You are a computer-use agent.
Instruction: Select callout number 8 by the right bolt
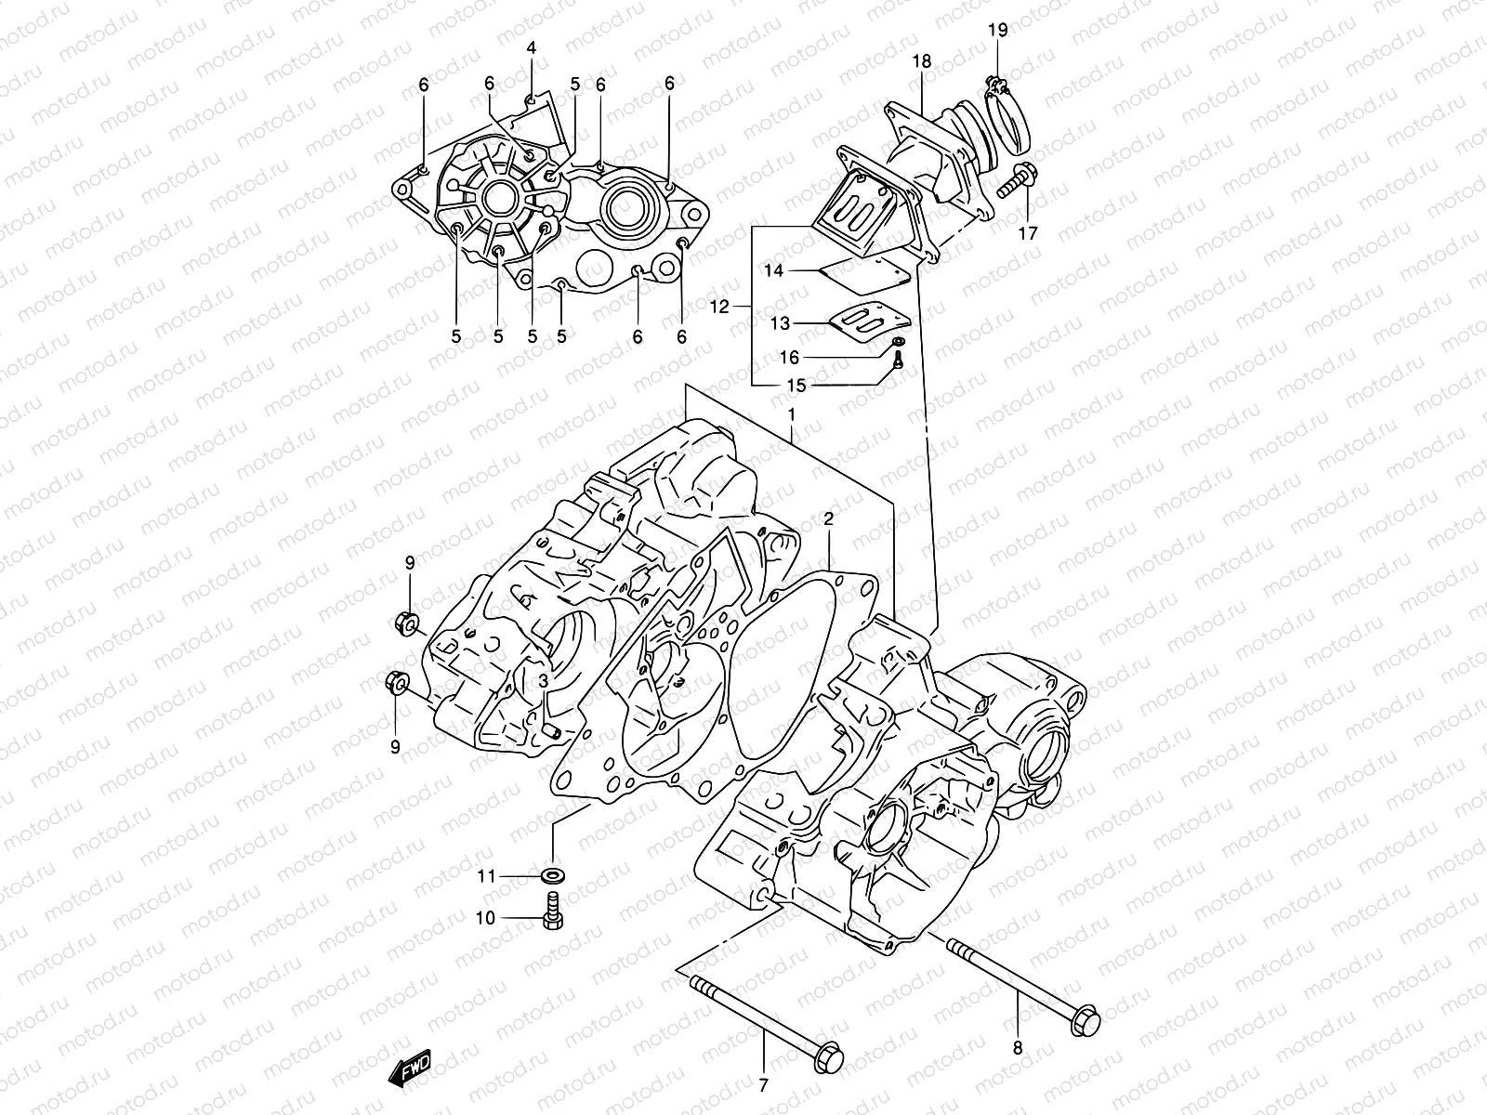click(x=1017, y=1048)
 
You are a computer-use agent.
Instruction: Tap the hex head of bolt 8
click(x=1085, y=1019)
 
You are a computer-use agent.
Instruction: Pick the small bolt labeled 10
click(x=551, y=914)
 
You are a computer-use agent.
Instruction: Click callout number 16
click(x=789, y=358)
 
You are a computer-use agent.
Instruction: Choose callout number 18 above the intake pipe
click(x=921, y=61)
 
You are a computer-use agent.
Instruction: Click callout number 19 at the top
click(x=997, y=30)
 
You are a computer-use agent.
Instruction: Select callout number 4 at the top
click(x=531, y=47)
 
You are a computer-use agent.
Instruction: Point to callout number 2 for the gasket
click(x=827, y=519)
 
